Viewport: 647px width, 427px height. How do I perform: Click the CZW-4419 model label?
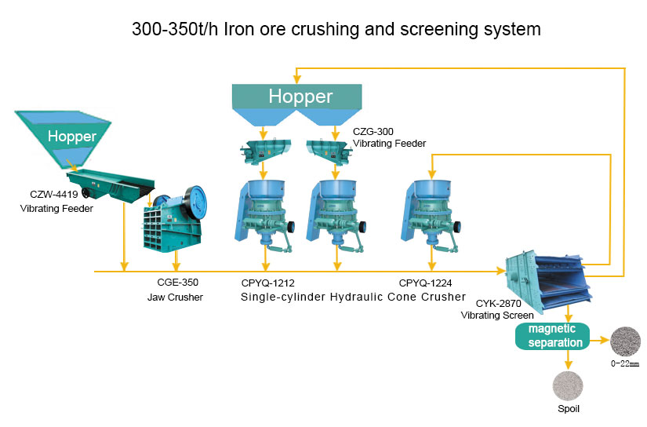point(53,194)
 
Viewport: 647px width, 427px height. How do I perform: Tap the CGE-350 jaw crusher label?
point(177,283)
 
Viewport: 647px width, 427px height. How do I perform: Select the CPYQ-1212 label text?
point(267,283)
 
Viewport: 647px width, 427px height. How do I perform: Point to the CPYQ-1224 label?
point(425,283)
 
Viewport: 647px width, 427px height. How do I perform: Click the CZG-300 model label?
point(373,131)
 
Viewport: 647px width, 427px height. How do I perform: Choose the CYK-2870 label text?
point(498,304)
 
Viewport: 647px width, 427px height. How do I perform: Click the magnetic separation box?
point(553,336)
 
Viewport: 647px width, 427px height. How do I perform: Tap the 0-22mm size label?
point(625,363)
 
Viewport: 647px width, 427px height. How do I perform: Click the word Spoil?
point(569,409)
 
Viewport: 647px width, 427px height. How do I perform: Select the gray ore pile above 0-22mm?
point(625,341)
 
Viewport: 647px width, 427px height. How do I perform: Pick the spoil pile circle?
point(568,385)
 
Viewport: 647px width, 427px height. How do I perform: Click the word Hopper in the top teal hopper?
point(300,97)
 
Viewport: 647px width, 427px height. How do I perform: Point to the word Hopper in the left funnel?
point(72,137)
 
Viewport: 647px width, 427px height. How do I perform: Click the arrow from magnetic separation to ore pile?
point(599,341)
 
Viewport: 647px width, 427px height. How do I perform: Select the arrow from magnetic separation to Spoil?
point(569,359)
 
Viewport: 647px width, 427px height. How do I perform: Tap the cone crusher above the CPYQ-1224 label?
point(431,216)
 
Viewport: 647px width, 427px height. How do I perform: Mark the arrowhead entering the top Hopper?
point(296,79)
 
